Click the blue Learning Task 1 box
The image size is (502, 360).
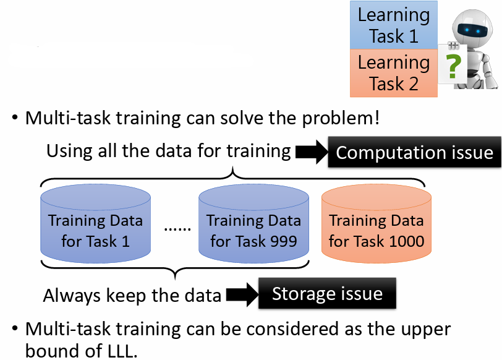tap(393, 25)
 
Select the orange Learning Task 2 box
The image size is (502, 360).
tap(393, 73)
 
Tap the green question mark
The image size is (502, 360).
tap(453, 66)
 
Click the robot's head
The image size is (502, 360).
tap(472, 28)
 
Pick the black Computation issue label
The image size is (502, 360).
tap(415, 152)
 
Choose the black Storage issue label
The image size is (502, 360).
tap(327, 293)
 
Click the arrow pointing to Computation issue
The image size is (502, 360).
tap(312, 152)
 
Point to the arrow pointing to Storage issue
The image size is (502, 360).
tap(242, 294)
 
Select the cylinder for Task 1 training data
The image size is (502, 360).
tap(95, 223)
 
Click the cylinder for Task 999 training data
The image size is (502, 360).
tap(253, 223)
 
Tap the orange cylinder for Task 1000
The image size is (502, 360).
tap(376, 223)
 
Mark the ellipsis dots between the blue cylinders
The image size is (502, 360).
tap(177, 229)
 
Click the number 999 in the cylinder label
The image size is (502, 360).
tap(283, 241)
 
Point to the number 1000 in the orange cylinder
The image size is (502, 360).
tap(407, 241)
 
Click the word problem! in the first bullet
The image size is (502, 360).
tap(341, 118)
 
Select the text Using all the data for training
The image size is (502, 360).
tap(169, 151)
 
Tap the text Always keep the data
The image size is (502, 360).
tap(132, 295)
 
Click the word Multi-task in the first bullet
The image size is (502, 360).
tap(68, 118)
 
